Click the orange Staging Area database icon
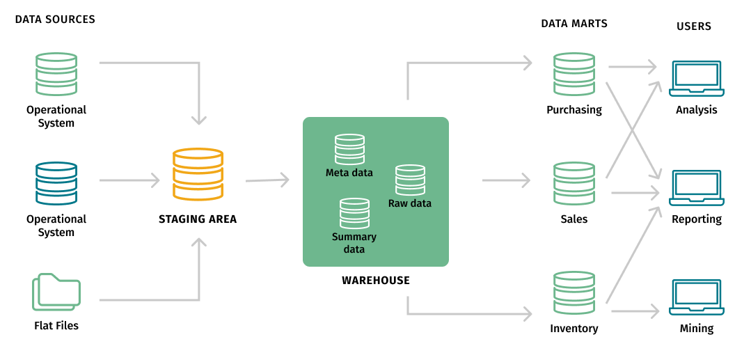coord(198,174)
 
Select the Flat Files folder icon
coord(56,292)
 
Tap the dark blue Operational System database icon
coord(56,184)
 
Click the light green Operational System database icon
coord(56,75)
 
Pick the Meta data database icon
coord(349,149)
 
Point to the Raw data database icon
coord(410,180)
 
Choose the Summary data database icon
coord(354,214)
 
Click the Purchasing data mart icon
coord(574,75)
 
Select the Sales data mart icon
coord(574,184)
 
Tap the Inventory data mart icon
coord(574,293)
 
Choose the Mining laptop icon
coord(696,297)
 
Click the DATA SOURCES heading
coord(55,19)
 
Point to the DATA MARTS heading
coord(574,24)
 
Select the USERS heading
coord(694,26)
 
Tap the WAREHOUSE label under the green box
coord(376,281)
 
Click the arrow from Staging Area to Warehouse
coord(267,180)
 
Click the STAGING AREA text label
coord(198,219)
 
